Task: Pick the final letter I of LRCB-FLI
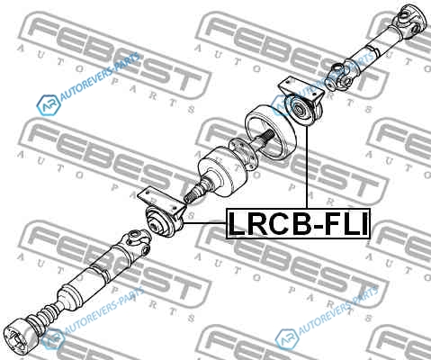(364, 223)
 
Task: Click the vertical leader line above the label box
(307, 167)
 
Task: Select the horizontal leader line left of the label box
(204, 223)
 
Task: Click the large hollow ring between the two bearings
(271, 132)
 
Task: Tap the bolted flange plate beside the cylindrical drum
(242, 152)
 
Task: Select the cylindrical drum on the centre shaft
(222, 172)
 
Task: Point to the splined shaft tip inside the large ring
(268, 135)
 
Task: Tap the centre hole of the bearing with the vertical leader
(299, 110)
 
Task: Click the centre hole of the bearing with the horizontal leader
(155, 225)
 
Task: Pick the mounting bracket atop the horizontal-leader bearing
(161, 201)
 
